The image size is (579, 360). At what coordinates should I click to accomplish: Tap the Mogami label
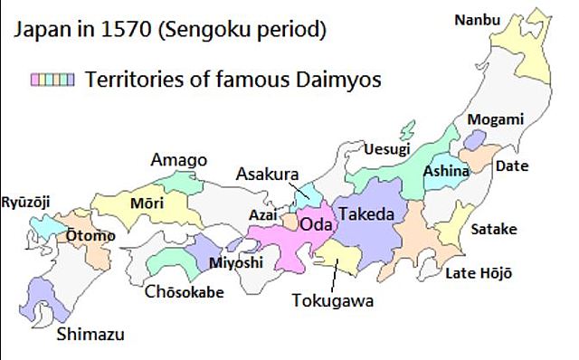point(496,119)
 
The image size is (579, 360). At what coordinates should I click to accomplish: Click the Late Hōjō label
point(479,273)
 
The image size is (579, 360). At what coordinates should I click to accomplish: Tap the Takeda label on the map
point(366,214)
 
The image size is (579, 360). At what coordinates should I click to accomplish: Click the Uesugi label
point(386,148)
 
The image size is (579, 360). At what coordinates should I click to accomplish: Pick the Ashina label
point(448,170)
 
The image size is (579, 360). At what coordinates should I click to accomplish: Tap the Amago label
point(178,159)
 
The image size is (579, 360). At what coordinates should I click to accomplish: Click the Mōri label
point(147,202)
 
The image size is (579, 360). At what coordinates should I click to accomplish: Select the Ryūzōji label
point(28,200)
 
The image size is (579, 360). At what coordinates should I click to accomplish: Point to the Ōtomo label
point(90,236)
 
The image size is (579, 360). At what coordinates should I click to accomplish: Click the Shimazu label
point(90,335)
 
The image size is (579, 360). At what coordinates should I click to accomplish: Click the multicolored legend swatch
point(52,80)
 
